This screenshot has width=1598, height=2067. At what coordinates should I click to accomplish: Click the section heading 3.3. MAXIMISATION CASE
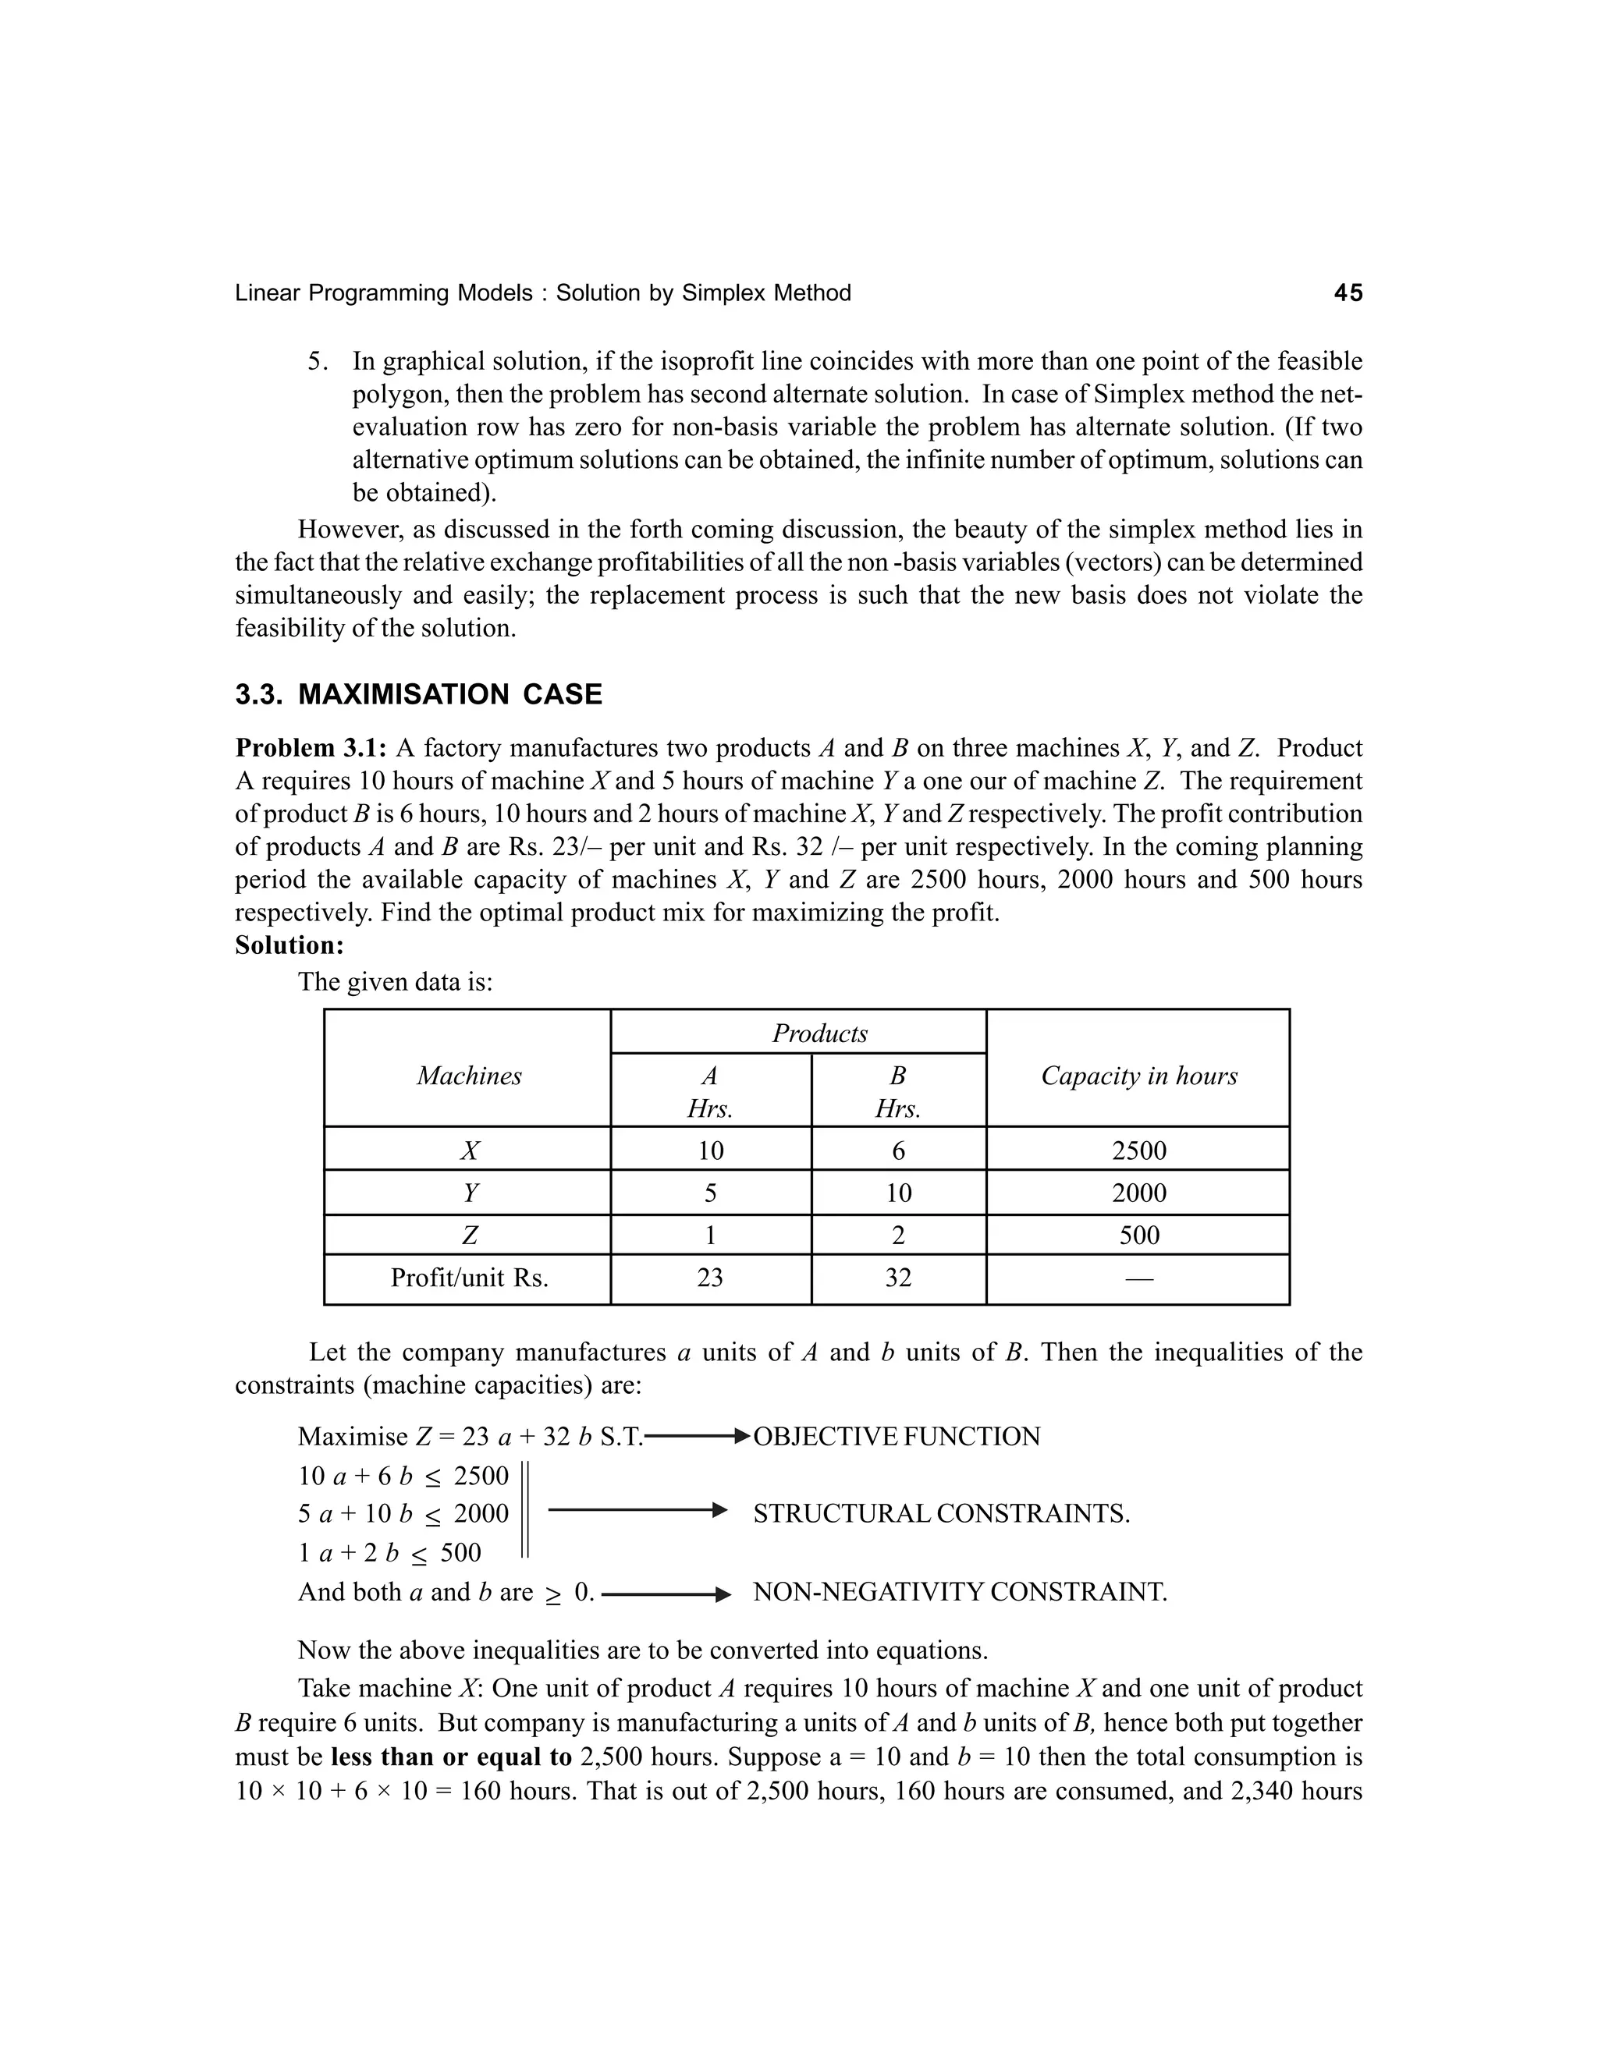point(418,695)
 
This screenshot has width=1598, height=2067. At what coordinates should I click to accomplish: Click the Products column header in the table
point(819,1033)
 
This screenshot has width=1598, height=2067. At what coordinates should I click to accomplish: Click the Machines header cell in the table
point(469,1076)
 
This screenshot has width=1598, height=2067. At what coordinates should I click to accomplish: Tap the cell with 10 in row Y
point(897,1193)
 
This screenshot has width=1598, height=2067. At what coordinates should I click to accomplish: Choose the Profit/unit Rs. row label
point(469,1278)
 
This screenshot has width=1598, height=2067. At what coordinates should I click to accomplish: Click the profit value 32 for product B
point(897,1278)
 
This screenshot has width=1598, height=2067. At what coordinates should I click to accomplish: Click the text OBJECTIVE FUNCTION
point(896,1437)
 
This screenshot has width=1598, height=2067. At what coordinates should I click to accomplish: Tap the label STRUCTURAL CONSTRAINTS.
point(941,1514)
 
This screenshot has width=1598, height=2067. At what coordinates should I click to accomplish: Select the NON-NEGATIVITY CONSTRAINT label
point(959,1592)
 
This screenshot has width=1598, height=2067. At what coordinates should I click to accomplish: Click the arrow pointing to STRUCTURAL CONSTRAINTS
point(636,1511)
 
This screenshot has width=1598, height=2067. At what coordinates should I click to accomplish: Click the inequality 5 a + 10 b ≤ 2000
point(403,1514)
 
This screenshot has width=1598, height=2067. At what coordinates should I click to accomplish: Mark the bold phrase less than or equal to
point(452,1757)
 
